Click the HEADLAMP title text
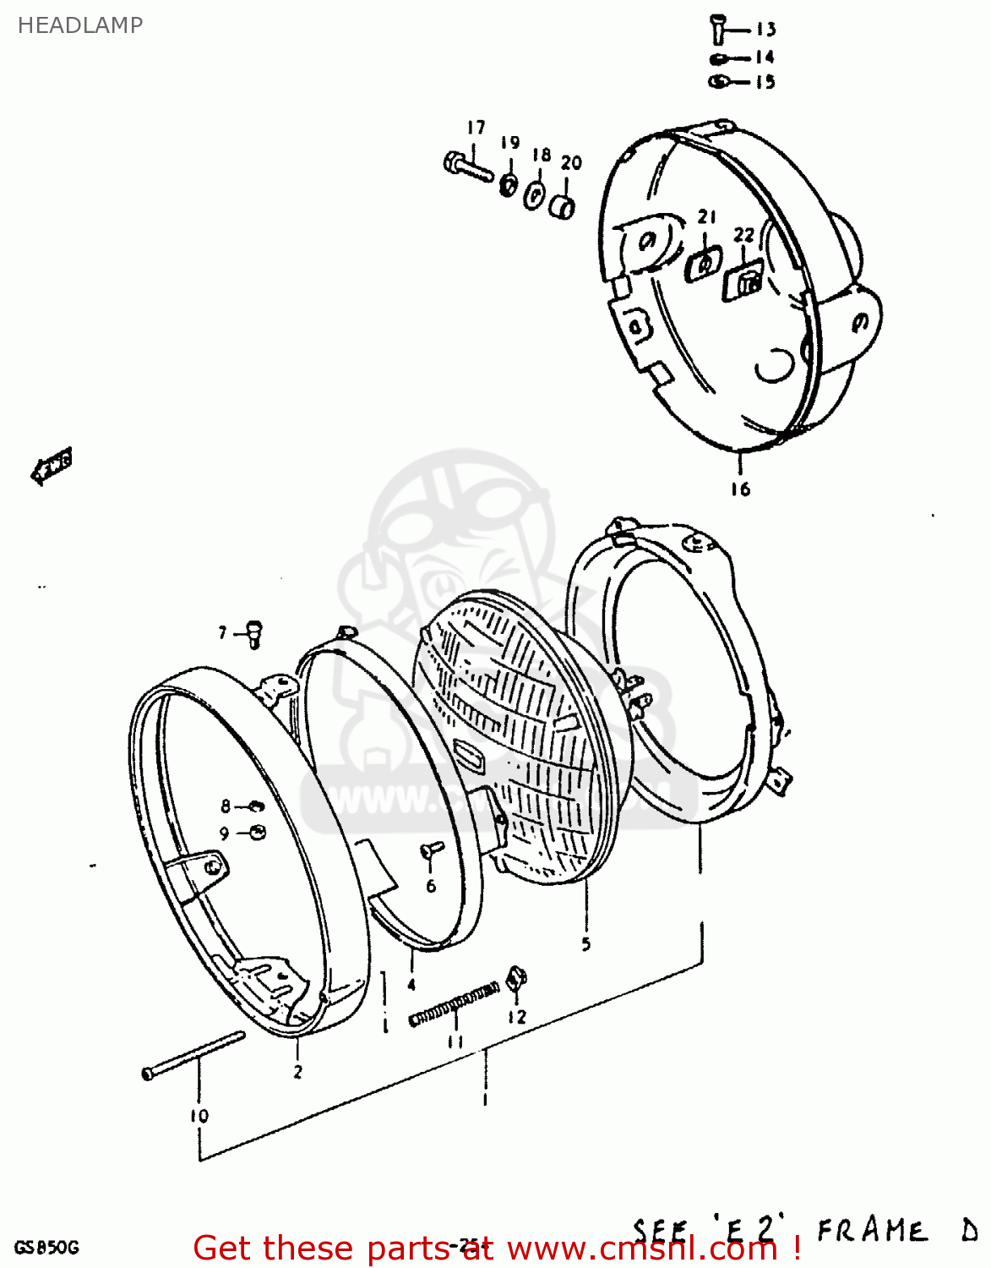click(80, 25)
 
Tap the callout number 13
click(765, 30)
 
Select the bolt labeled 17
click(467, 166)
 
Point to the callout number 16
click(740, 489)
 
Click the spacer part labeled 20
click(564, 206)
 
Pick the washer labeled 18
click(535, 195)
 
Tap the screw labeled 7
click(253, 634)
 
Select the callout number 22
click(743, 234)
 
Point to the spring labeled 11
click(454, 1003)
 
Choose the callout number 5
click(586, 944)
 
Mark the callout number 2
click(297, 1072)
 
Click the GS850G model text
click(46, 1248)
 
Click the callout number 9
click(224, 833)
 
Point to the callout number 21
click(706, 217)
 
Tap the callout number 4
click(411, 985)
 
